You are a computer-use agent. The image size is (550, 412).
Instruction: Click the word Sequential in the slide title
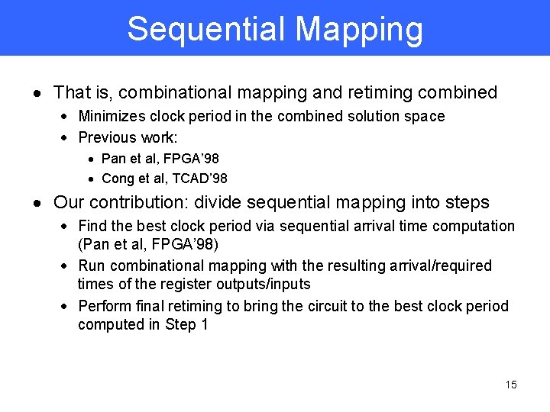[206, 29]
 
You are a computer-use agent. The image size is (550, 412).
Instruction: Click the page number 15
[511, 385]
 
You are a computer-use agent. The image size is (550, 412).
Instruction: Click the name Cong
[118, 179]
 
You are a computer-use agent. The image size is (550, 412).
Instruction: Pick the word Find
[93, 226]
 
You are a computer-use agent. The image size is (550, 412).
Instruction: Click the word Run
[92, 266]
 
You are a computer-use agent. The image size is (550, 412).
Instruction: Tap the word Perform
[104, 306]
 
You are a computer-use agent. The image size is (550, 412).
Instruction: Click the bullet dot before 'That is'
[37, 94]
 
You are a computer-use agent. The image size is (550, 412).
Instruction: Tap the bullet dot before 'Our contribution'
[37, 204]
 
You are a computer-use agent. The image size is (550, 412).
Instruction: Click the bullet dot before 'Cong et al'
[91, 179]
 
